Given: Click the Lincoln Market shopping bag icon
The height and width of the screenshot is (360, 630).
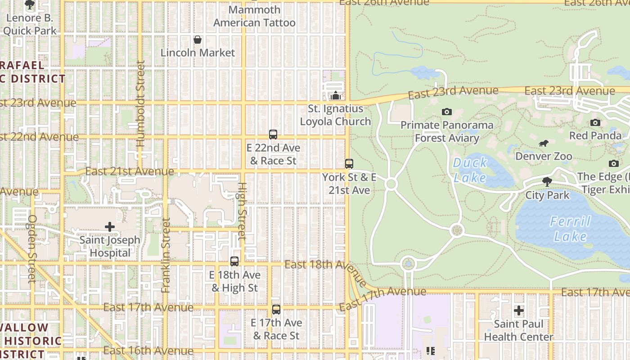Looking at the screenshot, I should coord(197,40).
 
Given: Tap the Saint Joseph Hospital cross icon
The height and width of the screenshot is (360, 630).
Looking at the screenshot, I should coord(109,227).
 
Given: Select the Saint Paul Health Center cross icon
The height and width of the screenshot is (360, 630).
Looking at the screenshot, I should coord(519,310).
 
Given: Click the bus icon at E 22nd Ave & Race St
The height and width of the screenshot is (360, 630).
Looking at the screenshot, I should coord(273,135).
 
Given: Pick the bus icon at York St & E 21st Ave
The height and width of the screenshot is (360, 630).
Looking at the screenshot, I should coord(349,164).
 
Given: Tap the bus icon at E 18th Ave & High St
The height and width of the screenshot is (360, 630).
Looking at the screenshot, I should coord(234,261).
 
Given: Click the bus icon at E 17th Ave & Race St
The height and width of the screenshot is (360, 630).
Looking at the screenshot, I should coord(276,310).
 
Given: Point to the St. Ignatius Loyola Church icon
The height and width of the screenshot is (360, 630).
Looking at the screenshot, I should coord(335,95).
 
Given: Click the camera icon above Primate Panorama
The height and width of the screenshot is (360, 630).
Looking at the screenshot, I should coord(446,112).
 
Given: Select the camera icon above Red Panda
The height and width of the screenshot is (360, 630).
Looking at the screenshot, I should coord(595,122).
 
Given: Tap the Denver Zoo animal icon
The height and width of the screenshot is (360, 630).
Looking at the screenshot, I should coord(544,144).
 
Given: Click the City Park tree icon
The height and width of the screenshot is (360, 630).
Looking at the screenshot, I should coord(547,182).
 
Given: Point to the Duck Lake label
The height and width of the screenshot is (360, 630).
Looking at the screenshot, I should coord(470,170).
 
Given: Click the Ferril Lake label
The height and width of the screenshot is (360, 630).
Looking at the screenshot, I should coord(570,229).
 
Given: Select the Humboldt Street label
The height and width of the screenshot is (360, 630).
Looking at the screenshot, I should coord(140,103).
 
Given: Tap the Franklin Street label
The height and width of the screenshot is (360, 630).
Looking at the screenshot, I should coord(166,255).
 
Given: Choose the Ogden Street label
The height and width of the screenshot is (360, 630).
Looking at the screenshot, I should coord(32,248).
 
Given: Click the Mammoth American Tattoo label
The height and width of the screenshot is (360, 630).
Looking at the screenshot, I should coord(254,16).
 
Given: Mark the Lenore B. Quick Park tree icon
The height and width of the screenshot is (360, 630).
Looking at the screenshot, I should coord(30,5).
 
